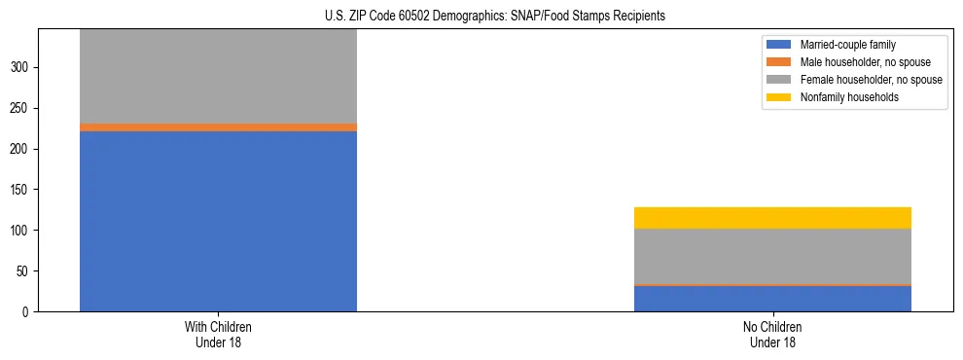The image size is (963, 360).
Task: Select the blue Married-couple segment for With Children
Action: click(218, 221)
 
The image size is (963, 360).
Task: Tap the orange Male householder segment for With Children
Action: click(218, 127)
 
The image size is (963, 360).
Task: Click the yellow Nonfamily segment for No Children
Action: click(772, 218)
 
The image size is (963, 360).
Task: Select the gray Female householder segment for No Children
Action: click(772, 257)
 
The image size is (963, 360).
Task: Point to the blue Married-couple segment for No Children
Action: click(772, 299)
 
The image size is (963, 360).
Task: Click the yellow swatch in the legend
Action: click(779, 97)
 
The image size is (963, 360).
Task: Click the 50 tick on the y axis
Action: click(24, 271)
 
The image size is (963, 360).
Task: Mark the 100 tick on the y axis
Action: click(21, 231)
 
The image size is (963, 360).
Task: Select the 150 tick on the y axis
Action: click(21, 190)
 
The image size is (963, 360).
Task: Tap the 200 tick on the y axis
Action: click(21, 149)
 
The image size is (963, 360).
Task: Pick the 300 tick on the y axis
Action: click(21, 67)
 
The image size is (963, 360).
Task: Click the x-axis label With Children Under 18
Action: click(218, 335)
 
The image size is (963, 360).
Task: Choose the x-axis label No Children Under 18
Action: click(772, 335)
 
